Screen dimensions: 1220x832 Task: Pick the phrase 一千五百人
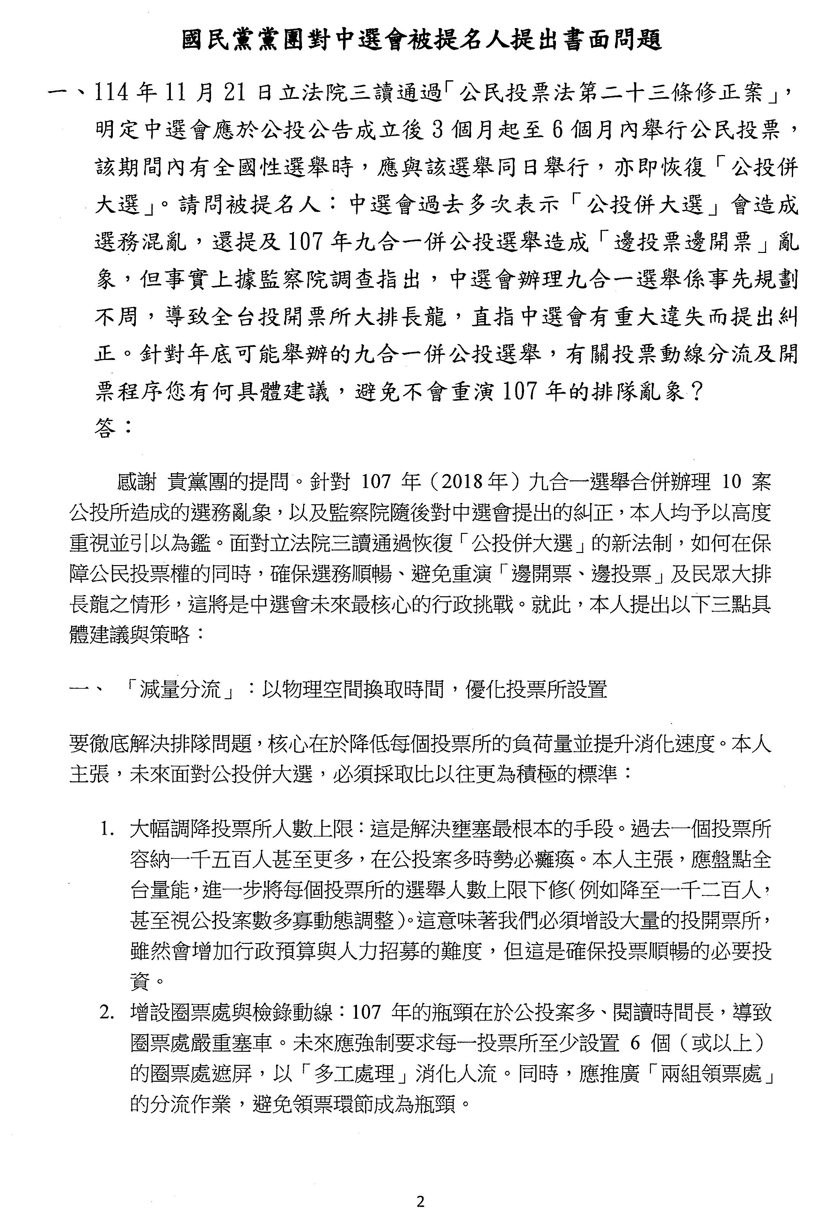[x=221, y=860]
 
